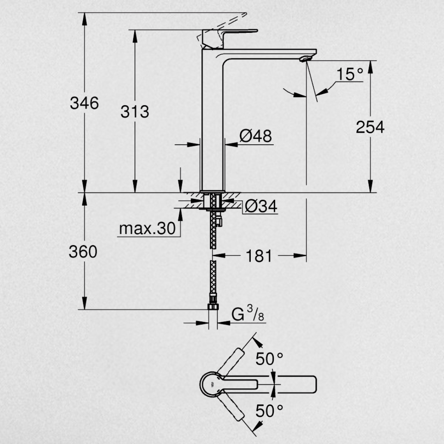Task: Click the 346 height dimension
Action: (x=84, y=103)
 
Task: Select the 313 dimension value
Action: (x=135, y=111)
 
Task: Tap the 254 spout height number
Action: (x=370, y=127)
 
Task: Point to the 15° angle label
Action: (x=350, y=74)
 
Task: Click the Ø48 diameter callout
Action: (x=256, y=136)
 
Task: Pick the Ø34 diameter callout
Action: (x=261, y=206)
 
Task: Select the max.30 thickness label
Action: (x=147, y=228)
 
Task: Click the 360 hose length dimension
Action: (x=83, y=252)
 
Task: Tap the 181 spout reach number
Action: (x=259, y=256)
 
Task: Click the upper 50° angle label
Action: (x=269, y=359)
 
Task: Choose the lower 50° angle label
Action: (x=269, y=411)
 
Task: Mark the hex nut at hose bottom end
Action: (x=213, y=307)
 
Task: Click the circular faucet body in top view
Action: (x=211, y=384)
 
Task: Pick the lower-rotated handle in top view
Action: (x=231, y=406)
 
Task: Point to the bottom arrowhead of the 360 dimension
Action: (x=84, y=303)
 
